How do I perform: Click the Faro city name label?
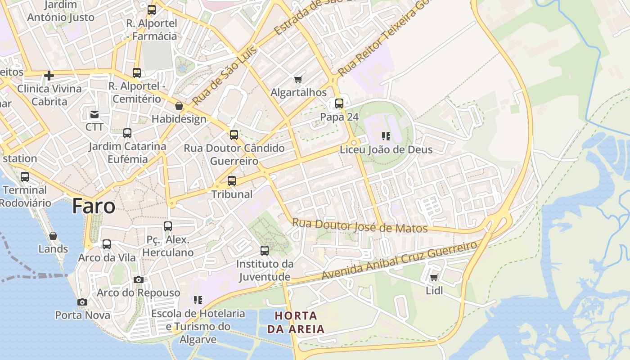click(x=94, y=206)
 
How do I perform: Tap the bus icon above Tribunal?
click(x=232, y=181)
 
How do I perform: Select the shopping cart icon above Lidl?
click(x=434, y=278)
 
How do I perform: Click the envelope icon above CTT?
click(x=94, y=114)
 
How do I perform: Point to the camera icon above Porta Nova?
click(x=82, y=302)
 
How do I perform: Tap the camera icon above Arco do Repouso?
click(x=139, y=279)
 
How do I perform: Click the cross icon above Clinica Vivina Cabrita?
click(x=49, y=75)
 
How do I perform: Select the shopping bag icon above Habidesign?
click(x=179, y=106)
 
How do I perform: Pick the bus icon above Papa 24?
click(x=339, y=103)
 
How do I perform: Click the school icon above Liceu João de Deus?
click(x=386, y=136)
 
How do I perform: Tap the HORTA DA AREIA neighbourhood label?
click(x=296, y=322)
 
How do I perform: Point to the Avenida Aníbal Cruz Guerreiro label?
click(x=400, y=261)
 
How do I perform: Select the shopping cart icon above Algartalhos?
click(x=298, y=79)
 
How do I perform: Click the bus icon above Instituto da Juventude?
click(x=265, y=250)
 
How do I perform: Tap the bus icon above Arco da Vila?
click(x=107, y=244)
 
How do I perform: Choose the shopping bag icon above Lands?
click(x=53, y=236)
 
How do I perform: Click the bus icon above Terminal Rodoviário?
click(x=25, y=177)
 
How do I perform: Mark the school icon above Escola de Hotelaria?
click(x=198, y=300)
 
